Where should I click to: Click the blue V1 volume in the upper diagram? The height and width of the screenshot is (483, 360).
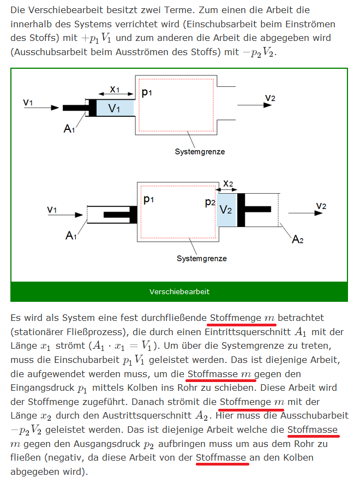point(115,108)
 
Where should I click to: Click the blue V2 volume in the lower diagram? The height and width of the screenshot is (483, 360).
point(227,210)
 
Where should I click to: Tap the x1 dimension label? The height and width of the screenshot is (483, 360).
point(115,90)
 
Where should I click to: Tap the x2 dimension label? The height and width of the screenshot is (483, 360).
point(228,183)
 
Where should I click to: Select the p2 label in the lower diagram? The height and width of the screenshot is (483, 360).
point(210,202)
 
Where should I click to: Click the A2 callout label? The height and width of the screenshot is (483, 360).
point(297,239)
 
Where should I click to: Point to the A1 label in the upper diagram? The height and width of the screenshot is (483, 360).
point(69,128)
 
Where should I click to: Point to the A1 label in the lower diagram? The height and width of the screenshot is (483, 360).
point(71,236)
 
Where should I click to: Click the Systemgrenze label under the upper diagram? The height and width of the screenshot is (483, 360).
point(200,152)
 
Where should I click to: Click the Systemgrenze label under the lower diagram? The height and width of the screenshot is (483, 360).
point(202,259)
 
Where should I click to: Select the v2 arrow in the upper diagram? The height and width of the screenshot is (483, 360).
point(254,105)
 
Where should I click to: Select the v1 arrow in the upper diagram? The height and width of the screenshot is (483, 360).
point(41,108)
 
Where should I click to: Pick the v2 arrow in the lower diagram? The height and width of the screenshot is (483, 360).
point(305,213)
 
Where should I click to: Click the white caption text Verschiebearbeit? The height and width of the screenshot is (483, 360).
point(179,291)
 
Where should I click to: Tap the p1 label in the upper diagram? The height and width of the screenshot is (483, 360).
point(147,92)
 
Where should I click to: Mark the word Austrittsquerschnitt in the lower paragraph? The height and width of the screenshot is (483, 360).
point(147,415)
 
